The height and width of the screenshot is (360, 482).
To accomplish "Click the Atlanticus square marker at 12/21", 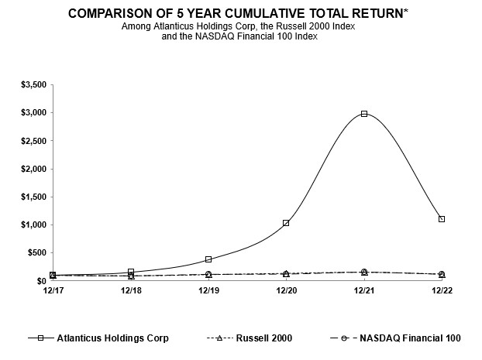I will pos(364,114).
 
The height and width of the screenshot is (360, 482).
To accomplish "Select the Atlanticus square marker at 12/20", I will pos(286,223).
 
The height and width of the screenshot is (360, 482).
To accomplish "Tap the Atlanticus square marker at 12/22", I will pos(442,219).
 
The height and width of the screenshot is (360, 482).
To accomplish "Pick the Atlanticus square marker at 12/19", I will pos(208,259).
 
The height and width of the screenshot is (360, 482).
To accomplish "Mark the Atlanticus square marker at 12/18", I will pos(131,272).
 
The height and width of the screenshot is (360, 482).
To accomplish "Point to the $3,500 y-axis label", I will pos(33,84).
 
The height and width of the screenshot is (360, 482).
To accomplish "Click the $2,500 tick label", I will pos(33,141).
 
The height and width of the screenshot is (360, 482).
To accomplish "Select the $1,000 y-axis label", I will pos(33,225).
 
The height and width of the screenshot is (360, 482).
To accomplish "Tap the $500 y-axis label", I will pos(36,252).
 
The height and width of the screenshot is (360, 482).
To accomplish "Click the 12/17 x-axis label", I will pos(53,291).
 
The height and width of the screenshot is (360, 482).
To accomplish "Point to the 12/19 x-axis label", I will pos(208,291).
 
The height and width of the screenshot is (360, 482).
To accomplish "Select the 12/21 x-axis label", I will pos(364,291).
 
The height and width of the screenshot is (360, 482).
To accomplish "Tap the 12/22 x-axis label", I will pos(442,291).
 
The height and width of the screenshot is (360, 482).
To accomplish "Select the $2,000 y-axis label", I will pos(33,169).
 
